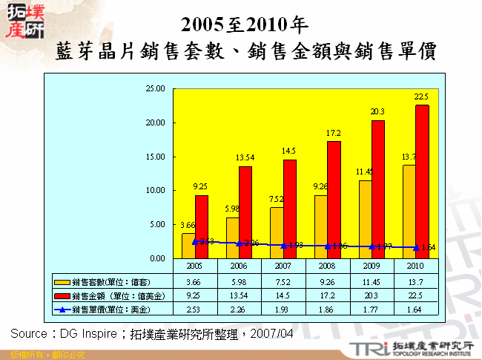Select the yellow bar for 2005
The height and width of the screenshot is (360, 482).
[188, 246]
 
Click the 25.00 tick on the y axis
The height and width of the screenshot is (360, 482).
[155, 88]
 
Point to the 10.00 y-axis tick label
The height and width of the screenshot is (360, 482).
[155, 190]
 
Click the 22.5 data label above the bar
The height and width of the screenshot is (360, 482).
[421, 96]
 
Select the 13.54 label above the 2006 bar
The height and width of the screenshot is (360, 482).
[245, 158]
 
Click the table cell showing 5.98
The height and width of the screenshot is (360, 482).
[238, 282]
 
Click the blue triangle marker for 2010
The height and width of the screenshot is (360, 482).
[417, 247]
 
